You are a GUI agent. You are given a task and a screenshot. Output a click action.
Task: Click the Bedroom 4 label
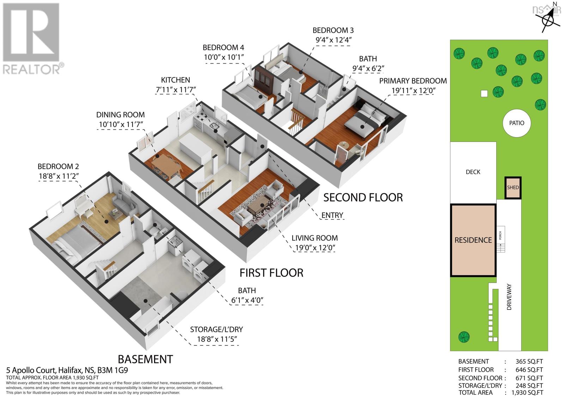coord(223,47)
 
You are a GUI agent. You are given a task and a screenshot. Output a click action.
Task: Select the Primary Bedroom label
coord(413,81)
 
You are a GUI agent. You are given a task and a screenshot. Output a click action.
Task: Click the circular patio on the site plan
coord(516,123)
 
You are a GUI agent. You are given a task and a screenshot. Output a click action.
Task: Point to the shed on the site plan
coord(513,187)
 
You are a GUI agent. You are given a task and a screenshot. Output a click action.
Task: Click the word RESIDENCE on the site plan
coord(473,240)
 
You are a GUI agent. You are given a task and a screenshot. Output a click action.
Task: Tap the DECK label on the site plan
coord(473,172)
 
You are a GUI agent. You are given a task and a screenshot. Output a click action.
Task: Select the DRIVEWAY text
coord(509,297)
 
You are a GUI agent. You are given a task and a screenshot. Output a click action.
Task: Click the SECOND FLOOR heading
coord(363,197)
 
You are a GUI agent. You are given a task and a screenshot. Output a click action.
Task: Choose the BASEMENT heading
coord(145,359)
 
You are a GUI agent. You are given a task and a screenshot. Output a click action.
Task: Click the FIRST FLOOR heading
coord(271,273)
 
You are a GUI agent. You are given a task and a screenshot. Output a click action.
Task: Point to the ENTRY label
coord(332,215)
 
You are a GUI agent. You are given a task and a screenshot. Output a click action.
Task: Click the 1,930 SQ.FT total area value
coord(525,392)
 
